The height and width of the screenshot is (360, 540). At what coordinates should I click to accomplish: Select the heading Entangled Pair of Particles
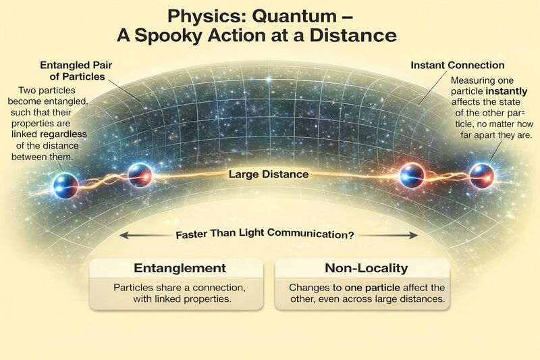point(76,71)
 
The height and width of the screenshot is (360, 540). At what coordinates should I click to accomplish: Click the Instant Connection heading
point(458,65)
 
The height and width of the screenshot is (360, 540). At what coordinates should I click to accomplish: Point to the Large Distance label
point(269,174)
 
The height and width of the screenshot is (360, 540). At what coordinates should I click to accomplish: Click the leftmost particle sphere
point(65,186)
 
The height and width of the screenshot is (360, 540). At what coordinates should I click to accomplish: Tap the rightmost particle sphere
point(482,176)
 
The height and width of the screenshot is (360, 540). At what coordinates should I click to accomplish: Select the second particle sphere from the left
point(140,176)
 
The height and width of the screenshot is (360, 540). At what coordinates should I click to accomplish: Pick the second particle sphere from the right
point(412,175)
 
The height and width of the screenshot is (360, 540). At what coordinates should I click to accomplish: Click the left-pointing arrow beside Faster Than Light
point(146,236)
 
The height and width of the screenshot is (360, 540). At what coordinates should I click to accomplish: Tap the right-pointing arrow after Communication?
point(389,235)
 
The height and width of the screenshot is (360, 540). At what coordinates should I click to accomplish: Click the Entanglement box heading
point(180,268)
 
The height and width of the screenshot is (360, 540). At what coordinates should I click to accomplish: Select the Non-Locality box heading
point(366,268)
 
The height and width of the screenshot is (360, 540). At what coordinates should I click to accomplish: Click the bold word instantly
point(506,91)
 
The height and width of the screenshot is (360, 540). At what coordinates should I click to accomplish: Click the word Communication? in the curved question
point(310,234)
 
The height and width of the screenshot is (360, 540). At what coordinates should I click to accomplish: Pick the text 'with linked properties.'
point(182,299)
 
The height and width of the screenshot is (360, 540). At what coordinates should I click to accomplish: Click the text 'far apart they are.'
point(497,135)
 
